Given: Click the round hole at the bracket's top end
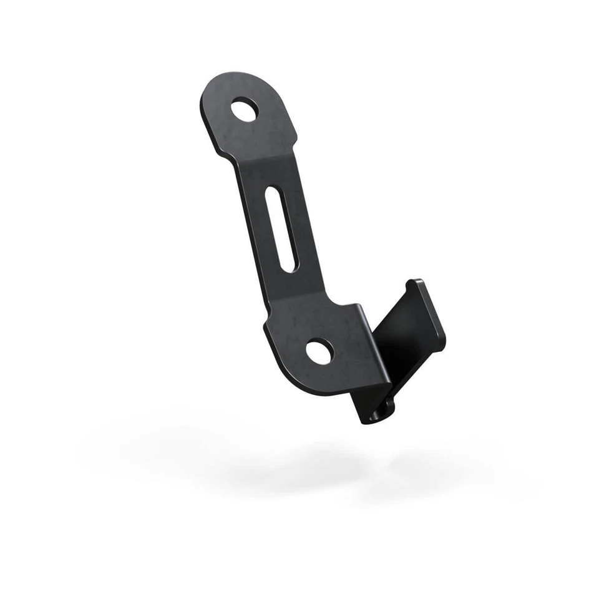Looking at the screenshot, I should pyautogui.click(x=245, y=111).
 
